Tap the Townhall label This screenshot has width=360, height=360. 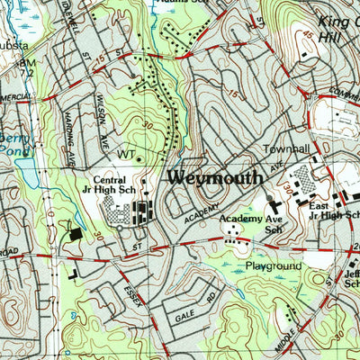point(285,148)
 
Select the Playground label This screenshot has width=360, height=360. point(274,267)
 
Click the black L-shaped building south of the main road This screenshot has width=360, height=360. point(70,267)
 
